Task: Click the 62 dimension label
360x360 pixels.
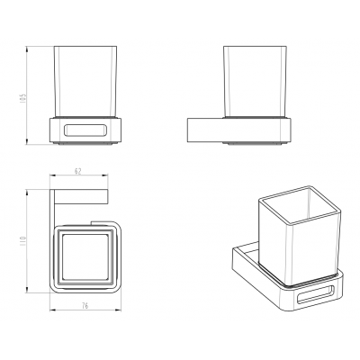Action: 77,171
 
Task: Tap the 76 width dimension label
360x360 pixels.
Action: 85,306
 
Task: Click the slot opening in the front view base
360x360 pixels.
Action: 85,130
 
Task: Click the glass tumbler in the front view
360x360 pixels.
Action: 85,81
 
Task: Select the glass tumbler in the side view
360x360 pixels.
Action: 255,81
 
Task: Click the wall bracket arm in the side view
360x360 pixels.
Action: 205,130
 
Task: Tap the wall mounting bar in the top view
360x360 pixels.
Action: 80,196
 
